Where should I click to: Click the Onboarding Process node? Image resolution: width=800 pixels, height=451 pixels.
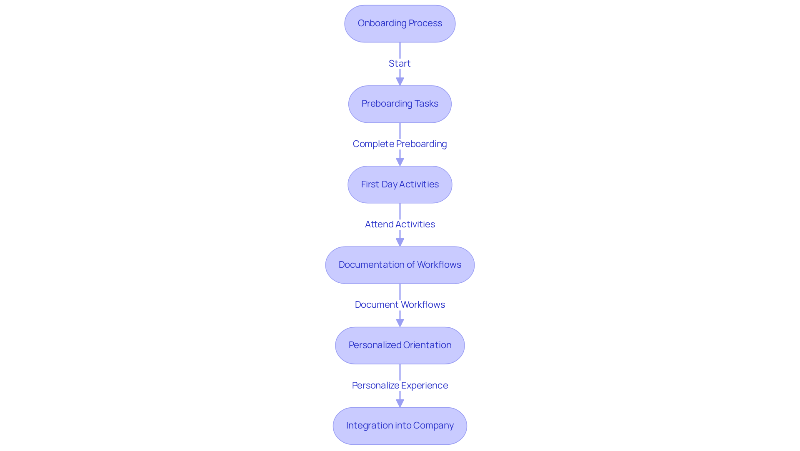[400, 24]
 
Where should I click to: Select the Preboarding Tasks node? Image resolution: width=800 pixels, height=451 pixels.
[400, 104]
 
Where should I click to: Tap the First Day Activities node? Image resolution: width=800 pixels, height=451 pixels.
[400, 184]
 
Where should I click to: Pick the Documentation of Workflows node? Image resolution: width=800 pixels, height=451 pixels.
[400, 265]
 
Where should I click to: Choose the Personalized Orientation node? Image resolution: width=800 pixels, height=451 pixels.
[400, 345]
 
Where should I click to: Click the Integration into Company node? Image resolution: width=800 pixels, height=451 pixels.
[400, 426]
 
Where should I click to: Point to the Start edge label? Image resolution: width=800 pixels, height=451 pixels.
[400, 63]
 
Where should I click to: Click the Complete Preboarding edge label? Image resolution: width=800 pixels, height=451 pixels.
[400, 144]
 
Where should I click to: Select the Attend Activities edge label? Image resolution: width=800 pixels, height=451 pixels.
[400, 224]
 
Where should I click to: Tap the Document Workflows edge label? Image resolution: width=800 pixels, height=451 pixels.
[400, 304]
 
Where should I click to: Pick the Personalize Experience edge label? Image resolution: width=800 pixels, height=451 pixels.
[400, 385]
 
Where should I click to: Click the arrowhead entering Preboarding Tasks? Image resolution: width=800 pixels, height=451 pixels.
[400, 81]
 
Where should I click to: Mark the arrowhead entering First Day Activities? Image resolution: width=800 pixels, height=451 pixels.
[400, 162]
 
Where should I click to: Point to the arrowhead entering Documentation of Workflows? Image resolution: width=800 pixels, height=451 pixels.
[400, 242]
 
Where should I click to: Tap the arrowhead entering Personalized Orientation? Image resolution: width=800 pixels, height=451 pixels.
[400, 322]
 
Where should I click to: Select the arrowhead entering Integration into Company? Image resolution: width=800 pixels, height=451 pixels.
[400, 403]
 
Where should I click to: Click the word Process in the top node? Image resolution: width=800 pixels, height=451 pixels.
[425, 23]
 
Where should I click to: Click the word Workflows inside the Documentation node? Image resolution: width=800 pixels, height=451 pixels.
[439, 265]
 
